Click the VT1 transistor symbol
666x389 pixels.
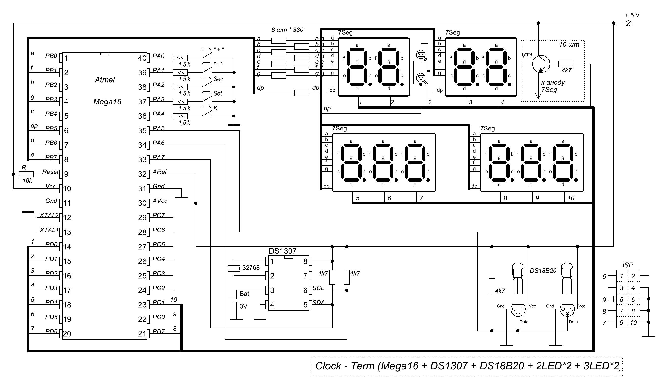(541, 64)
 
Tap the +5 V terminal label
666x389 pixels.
(632, 15)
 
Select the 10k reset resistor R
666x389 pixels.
(26, 174)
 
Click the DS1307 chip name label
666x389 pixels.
(282, 251)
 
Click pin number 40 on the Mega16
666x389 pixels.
(142, 58)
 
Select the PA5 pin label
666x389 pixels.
(159, 128)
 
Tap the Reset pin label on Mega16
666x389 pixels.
(51, 172)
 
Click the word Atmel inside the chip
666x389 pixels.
(105, 80)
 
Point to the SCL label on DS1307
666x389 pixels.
(318, 288)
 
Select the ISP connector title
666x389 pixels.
(628, 265)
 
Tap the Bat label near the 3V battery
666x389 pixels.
(244, 294)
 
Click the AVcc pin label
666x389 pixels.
(160, 201)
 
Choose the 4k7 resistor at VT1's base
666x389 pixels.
(566, 64)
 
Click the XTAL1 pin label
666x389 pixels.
(49, 230)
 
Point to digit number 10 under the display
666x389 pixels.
(571, 198)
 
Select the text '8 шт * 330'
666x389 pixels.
(287, 30)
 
